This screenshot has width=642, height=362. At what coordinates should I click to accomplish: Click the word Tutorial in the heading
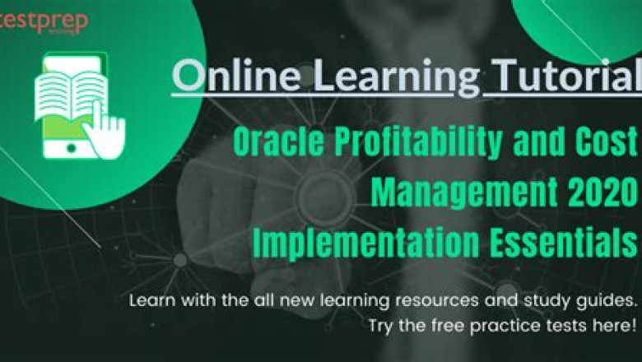[567, 77]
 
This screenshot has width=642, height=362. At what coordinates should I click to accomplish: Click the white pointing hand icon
[105, 132]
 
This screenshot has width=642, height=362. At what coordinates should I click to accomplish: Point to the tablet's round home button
[72, 147]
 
